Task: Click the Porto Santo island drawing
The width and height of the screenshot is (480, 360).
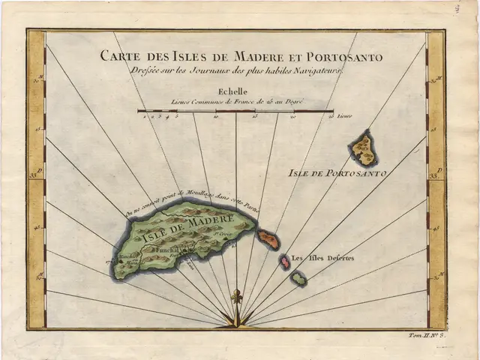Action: (364, 148)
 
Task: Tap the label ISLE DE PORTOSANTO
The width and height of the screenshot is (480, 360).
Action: (337, 173)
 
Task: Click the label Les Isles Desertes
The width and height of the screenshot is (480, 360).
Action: (322, 259)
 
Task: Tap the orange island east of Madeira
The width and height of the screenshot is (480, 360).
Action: (268, 239)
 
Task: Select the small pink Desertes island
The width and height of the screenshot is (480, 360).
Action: (285, 262)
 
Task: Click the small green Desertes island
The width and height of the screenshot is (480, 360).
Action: (298, 279)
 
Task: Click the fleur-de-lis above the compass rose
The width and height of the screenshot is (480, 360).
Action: (237, 297)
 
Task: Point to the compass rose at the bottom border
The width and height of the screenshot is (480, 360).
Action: (237, 322)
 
